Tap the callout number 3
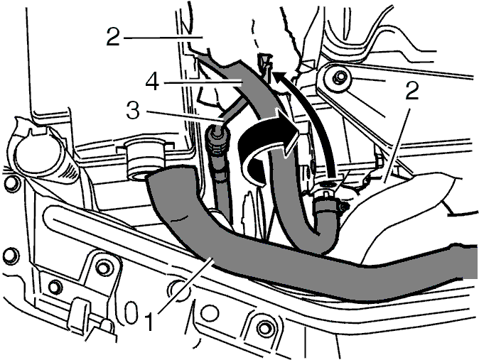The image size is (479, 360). (133, 110)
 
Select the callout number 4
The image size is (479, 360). (152, 82)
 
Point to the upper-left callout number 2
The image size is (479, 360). (113, 37)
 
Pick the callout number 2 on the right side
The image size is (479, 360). (411, 91)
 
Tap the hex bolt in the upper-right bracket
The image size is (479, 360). (339, 78)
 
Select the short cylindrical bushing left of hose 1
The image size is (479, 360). (144, 160)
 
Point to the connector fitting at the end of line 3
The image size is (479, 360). (216, 139)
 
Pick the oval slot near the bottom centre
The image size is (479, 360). (131, 313)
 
